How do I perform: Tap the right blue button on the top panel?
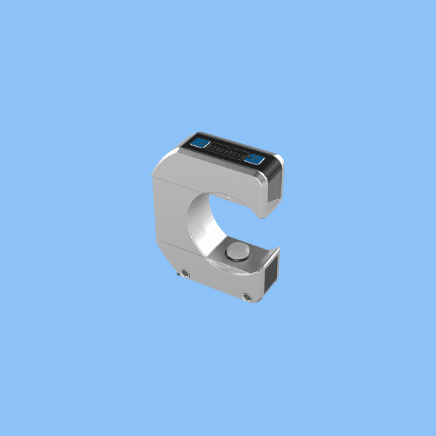coord(254,159)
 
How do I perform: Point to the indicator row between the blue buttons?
coord(227,152)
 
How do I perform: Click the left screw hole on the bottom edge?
coord(185,273)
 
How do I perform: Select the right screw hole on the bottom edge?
coord(247,296)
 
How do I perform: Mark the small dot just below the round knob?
coord(234,265)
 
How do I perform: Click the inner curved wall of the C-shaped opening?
coord(197,225)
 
